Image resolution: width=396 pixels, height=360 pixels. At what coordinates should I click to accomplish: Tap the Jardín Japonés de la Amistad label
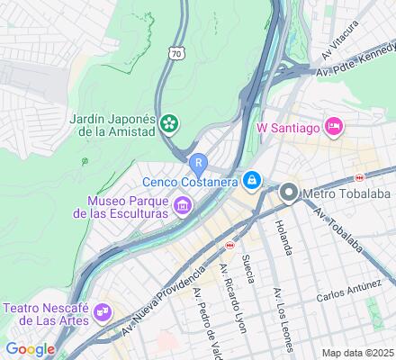(112, 127)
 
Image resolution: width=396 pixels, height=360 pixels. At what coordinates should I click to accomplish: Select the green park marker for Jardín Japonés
(169, 122)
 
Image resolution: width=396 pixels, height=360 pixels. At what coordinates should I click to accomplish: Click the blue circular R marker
(198, 162)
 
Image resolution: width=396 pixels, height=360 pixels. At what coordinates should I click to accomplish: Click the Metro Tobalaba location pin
(288, 192)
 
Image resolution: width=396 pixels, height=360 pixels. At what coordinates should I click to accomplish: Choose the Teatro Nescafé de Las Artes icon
(104, 312)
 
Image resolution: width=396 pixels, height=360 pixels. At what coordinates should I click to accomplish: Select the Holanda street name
(282, 236)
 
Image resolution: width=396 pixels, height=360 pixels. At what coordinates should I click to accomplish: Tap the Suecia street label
(249, 269)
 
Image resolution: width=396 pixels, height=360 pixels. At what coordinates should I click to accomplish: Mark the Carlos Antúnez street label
(355, 297)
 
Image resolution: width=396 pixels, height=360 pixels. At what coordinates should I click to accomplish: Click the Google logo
(30, 349)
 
